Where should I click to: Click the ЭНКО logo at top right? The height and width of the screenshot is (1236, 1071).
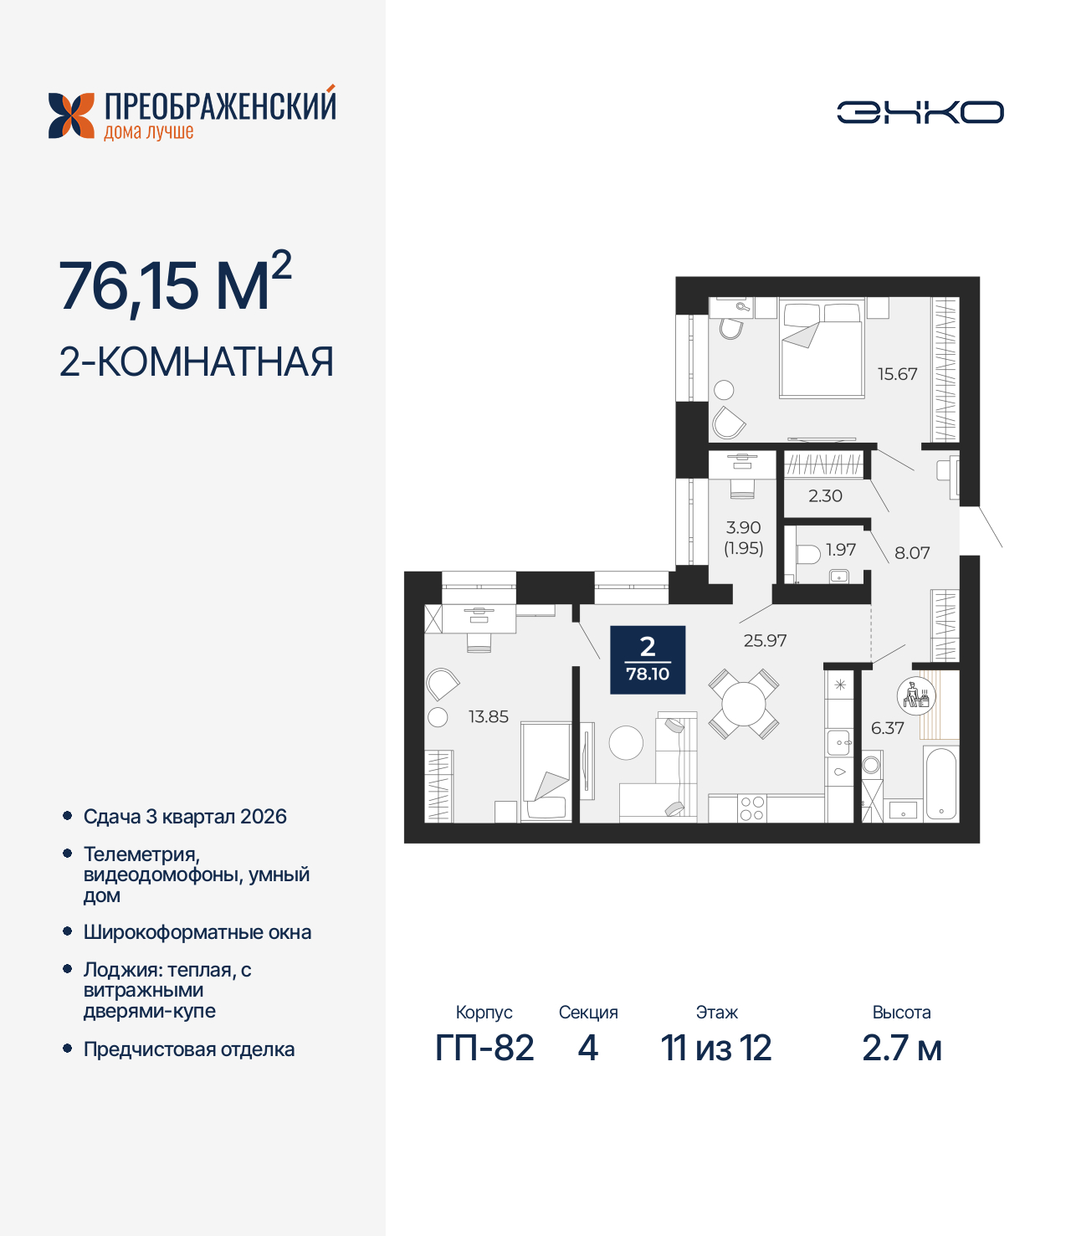click(x=920, y=112)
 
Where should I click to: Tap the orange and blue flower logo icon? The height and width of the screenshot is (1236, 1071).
click(x=72, y=115)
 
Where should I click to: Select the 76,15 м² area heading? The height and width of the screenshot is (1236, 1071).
click(x=175, y=285)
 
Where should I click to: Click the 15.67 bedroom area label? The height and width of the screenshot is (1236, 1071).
click(x=897, y=374)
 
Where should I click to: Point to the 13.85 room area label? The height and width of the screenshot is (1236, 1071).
click(x=488, y=716)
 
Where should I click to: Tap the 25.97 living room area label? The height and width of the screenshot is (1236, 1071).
click(x=765, y=640)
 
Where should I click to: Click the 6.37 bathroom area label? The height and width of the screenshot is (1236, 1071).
click(x=887, y=728)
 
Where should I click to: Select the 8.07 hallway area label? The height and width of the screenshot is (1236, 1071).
click(x=912, y=552)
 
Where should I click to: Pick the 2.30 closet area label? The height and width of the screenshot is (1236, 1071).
click(x=825, y=495)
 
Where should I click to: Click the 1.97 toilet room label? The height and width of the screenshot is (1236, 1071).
click(x=841, y=549)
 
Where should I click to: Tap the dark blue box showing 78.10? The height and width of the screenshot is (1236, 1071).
click(x=648, y=660)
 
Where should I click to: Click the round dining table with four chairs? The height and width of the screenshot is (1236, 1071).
click(x=744, y=704)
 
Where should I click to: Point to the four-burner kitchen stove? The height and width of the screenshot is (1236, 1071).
click(x=751, y=808)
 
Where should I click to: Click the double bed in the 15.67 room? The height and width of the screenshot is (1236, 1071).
click(x=821, y=351)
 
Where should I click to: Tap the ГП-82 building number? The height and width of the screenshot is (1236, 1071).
click(x=484, y=1048)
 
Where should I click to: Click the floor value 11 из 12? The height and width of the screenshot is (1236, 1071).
click(x=716, y=1048)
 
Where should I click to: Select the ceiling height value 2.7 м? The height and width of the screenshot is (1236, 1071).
click(x=901, y=1048)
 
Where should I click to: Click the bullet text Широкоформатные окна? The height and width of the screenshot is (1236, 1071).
click(x=197, y=932)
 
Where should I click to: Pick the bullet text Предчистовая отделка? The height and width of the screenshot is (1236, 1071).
click(x=189, y=1049)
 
